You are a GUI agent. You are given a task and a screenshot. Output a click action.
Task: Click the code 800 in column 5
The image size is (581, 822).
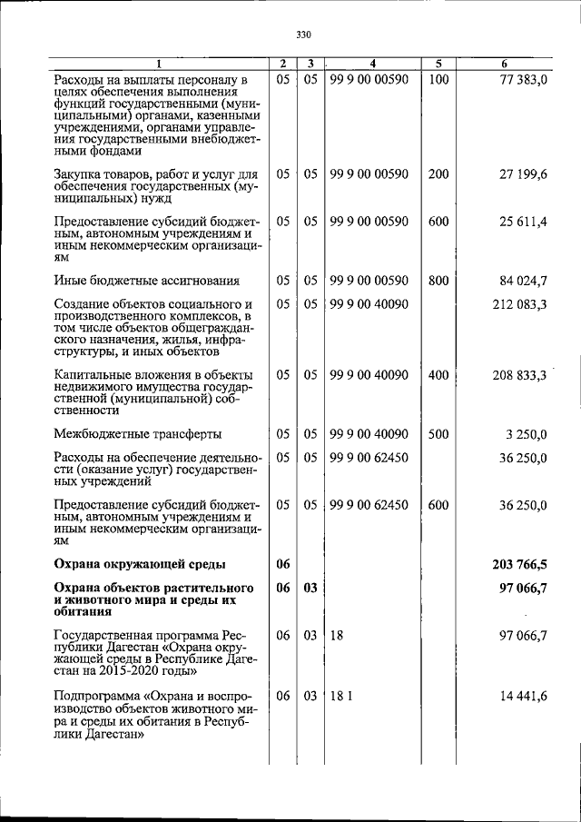coord(438,280)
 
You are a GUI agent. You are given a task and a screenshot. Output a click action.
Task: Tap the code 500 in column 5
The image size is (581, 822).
coord(438,434)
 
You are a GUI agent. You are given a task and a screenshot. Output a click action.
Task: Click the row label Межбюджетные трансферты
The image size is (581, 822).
coord(138,434)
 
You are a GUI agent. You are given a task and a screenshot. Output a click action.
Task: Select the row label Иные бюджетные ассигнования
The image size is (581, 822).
coord(146,280)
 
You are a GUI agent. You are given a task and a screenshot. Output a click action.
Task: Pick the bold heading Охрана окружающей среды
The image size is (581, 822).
coord(144,564)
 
